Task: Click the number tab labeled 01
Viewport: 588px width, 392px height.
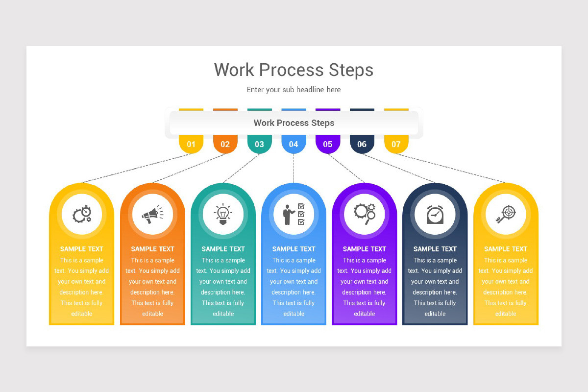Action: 191,144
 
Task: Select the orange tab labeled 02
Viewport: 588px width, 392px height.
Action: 225,144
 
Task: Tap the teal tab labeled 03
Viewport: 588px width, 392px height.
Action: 259,144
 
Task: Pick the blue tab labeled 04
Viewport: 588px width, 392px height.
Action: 294,144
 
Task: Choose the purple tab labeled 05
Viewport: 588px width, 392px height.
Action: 328,144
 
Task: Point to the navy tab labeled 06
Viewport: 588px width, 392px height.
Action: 362,144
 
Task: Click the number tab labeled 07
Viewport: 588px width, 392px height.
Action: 396,144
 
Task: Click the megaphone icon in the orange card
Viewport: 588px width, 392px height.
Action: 152,214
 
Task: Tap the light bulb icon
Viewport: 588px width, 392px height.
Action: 223,214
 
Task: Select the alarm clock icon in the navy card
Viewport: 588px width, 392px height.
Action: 435,214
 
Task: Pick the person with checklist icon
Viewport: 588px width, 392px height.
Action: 294,214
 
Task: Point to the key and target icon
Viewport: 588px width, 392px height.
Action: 505,214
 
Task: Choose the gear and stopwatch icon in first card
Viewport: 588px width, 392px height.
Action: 82,214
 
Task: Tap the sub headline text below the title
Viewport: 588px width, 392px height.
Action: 294,90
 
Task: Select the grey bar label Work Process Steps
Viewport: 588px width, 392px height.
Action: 294,123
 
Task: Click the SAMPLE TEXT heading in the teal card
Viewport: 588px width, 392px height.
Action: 223,249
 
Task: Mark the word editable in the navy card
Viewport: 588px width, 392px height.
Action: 435,314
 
